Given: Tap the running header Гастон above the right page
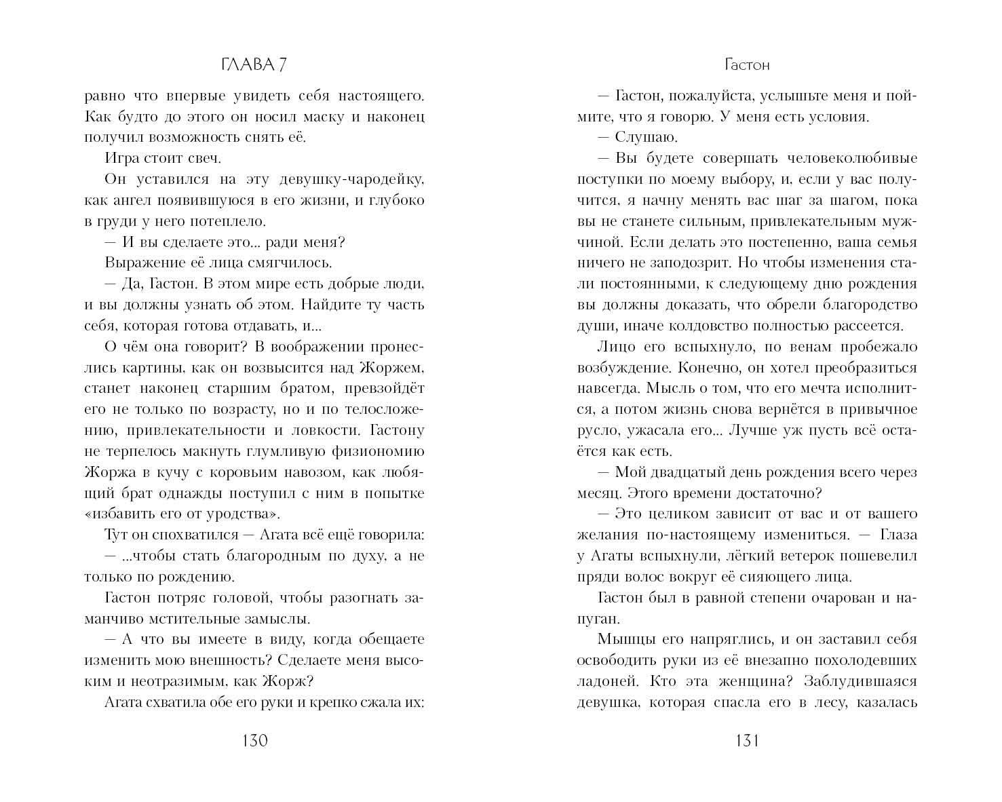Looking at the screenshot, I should point(747,65).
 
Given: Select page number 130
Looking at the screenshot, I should point(254,740).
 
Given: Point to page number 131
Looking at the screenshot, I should point(746,740).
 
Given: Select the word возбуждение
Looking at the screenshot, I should point(617,368).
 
